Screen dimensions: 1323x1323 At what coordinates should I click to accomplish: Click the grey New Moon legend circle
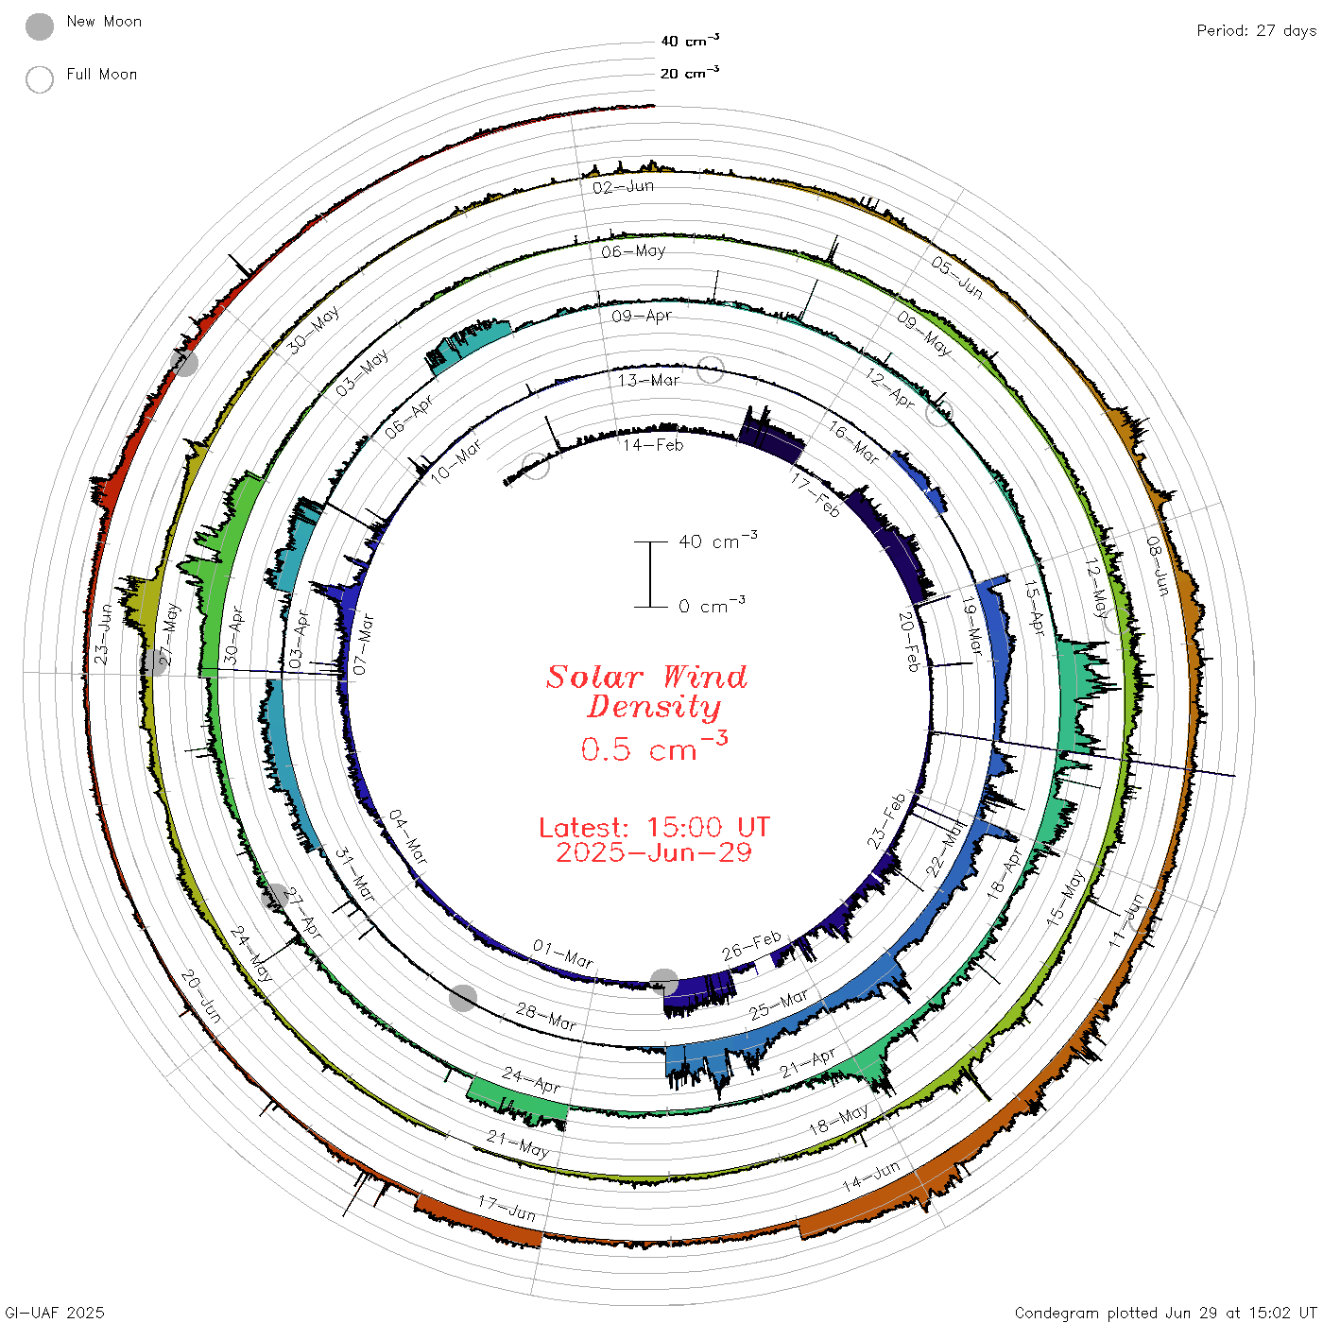pyautogui.click(x=39, y=26)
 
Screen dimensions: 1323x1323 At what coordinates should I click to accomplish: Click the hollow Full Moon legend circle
pyautogui.click(x=39, y=79)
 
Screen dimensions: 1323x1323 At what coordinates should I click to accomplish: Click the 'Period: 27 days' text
pyautogui.click(x=1256, y=31)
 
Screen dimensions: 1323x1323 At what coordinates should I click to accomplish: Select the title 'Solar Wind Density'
pyautogui.click(x=646, y=692)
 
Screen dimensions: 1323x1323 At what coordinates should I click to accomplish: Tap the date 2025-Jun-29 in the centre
pyautogui.click(x=654, y=852)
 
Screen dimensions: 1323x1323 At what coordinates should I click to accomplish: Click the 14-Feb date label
pyautogui.click(x=653, y=445)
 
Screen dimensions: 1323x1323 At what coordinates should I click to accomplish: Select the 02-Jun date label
pyautogui.click(x=623, y=187)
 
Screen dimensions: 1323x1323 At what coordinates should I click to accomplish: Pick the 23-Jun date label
pyautogui.click(x=102, y=634)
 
